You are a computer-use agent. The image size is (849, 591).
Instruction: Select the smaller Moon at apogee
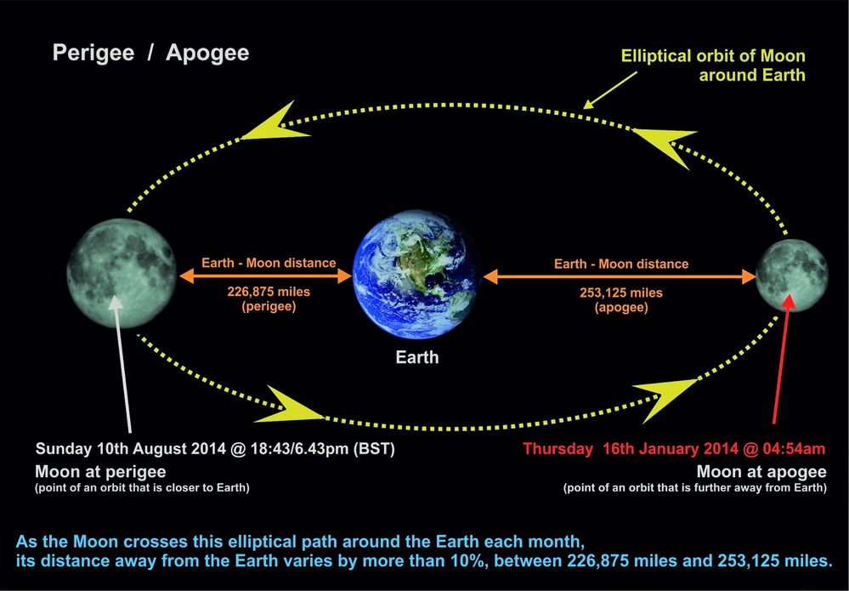[x=791, y=276]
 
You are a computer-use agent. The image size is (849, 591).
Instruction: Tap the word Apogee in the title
[x=207, y=53]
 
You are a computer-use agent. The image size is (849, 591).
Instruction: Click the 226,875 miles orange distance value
[x=268, y=292]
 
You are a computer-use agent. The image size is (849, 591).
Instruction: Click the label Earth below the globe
[x=416, y=357]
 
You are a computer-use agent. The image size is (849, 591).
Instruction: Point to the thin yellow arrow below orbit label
[x=611, y=88]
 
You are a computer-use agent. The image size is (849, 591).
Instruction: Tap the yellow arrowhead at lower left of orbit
[x=293, y=405]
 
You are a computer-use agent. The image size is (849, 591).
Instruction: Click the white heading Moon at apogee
[x=761, y=471]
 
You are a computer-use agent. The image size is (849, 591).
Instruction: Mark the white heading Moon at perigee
[x=100, y=471]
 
